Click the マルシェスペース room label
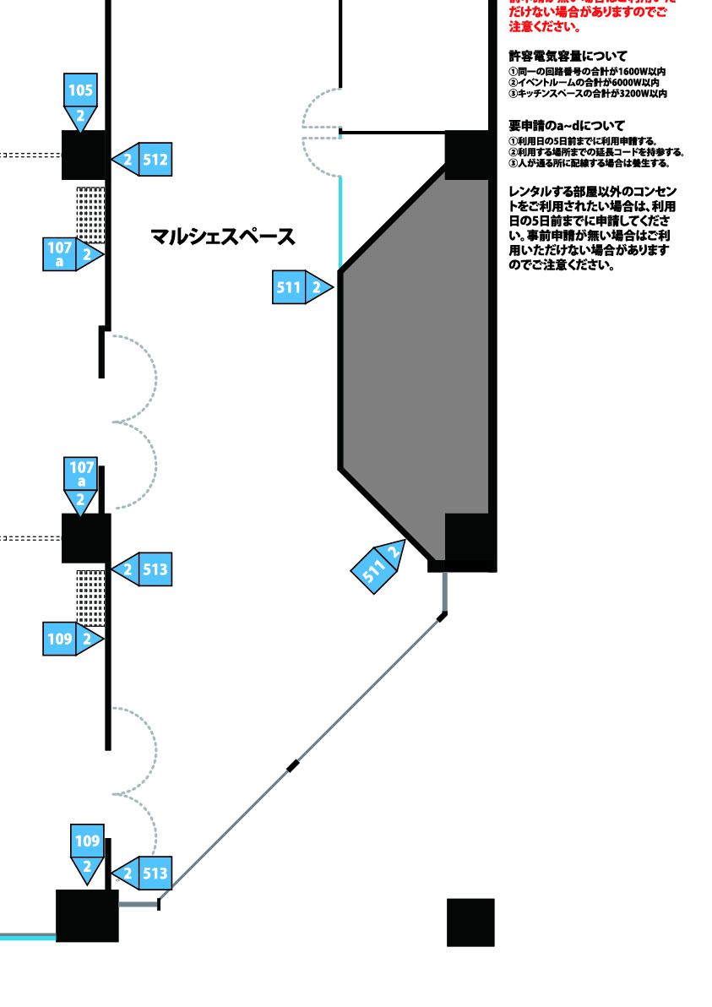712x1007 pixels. coord(223,237)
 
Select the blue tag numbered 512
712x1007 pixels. coord(144,159)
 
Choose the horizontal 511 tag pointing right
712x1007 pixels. coord(300,287)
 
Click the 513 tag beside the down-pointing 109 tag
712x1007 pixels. coord(144,874)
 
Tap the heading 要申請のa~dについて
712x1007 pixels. coord(567,125)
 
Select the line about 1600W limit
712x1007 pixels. coord(587,73)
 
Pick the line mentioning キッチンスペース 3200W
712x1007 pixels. coord(587,94)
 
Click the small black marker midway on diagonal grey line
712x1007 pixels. coord(293,766)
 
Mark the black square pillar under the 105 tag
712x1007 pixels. coord(84,155)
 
